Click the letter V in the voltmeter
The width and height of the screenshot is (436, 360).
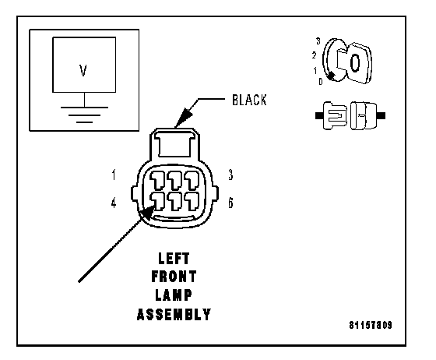click(83, 70)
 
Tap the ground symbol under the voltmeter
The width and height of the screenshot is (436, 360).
click(84, 115)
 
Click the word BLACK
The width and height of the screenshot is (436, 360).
click(249, 101)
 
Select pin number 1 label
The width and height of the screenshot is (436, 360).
click(114, 175)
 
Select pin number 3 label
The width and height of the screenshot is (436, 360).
click(230, 175)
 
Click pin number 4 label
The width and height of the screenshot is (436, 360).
click(114, 203)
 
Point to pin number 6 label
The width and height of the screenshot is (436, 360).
click(230, 203)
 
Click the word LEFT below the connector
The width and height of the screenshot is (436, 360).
click(174, 259)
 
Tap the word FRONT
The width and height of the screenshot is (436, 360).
click(174, 277)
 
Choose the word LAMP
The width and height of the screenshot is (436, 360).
click(174, 295)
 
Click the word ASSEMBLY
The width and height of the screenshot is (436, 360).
click(174, 314)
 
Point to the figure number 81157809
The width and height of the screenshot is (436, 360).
click(371, 325)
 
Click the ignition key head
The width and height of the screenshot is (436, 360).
click(359, 63)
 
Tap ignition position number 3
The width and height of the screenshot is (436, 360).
click(318, 41)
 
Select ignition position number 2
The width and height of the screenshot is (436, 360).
click(314, 55)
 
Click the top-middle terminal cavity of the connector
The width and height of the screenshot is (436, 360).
click(175, 180)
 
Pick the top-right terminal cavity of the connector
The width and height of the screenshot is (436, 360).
click(192, 180)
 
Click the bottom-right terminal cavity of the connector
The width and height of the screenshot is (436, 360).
click(192, 201)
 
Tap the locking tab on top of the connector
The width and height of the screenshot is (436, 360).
click(175, 145)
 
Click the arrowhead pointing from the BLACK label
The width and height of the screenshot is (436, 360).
click(184, 118)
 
